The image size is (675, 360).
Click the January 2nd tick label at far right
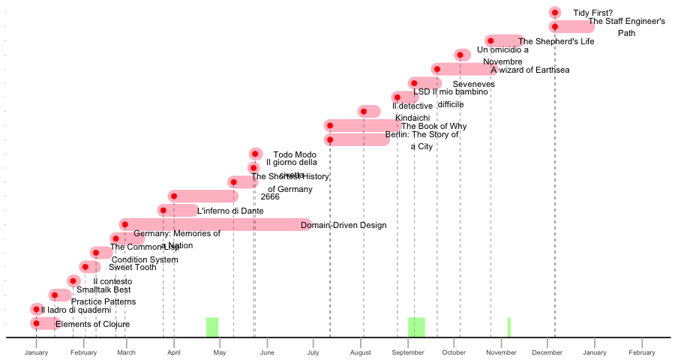tap(594, 352)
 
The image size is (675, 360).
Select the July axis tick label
tap(313, 352)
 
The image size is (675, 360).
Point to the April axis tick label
tap(174, 352)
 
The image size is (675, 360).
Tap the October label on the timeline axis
tap(453, 352)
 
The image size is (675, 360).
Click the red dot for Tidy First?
tap(554, 13)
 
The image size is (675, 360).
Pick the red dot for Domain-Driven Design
tap(124, 224)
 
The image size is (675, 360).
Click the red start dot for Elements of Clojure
tap(36, 323)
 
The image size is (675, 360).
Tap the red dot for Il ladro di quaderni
tap(36, 309)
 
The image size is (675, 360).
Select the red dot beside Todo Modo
tap(255, 154)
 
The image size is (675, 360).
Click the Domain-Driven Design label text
tap(343, 225)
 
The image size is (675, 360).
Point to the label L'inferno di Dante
tap(230, 211)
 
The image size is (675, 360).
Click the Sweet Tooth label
tap(133, 267)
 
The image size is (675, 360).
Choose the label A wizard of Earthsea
tap(530, 70)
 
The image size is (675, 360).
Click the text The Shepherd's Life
tap(556, 42)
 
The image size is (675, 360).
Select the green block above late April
tap(212, 327)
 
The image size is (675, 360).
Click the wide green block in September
tap(416, 327)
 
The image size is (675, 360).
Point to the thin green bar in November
tap(509, 327)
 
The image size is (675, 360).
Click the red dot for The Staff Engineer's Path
tap(554, 27)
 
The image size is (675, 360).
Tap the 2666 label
tap(270, 197)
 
